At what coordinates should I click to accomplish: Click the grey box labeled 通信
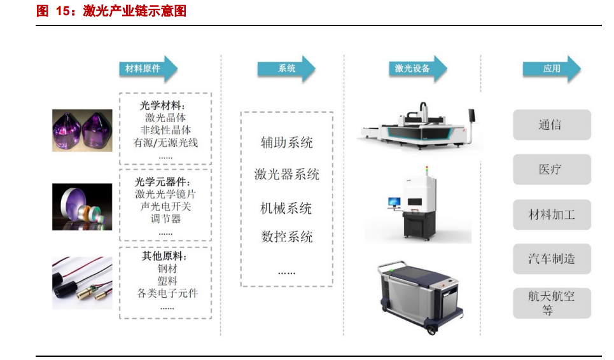point(551,125)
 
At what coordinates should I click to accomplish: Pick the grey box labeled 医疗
point(551,169)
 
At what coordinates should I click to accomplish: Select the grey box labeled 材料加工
point(551,214)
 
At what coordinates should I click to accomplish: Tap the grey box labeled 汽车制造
point(551,259)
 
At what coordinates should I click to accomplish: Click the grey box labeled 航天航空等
point(551,303)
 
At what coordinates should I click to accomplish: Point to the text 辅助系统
point(286,142)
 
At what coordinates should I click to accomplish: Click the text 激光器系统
point(286,174)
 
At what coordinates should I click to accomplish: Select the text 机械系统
point(286,208)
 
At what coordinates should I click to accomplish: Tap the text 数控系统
point(286,237)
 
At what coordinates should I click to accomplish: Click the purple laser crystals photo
point(82,130)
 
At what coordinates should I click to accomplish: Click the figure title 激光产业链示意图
point(134,11)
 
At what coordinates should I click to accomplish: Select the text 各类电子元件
point(167,293)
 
